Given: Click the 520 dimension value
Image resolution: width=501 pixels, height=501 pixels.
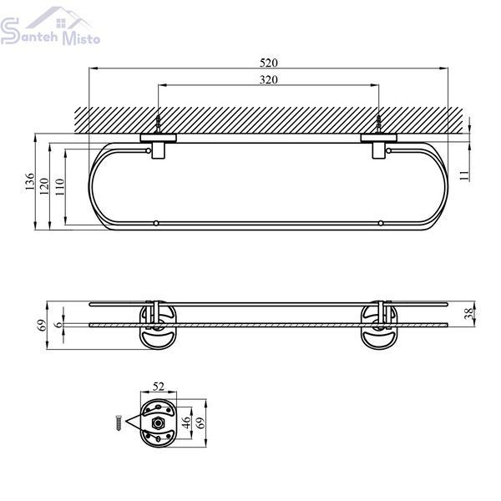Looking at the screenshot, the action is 268,63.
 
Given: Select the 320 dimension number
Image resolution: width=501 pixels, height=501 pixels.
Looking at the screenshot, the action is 268,79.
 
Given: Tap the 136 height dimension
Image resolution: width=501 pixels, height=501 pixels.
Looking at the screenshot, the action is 30,181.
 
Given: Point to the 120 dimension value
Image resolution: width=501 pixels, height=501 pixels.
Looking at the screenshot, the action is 44,186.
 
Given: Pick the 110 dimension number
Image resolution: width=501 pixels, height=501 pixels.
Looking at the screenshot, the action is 60,186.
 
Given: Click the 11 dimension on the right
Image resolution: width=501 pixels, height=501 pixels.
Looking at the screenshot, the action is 464,175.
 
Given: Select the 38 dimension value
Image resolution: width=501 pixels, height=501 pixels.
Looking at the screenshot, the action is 468,313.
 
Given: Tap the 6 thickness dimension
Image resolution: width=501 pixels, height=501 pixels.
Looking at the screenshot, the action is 58,324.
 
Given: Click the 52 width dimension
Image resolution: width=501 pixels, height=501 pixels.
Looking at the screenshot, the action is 159,387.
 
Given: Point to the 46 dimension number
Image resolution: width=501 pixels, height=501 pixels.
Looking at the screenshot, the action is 186,423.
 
